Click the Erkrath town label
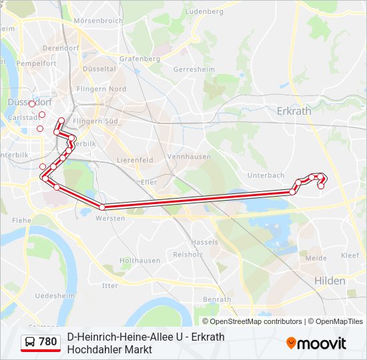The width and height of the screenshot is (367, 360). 294,111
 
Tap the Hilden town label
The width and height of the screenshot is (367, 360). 330,281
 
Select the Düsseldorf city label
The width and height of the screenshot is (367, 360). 29,102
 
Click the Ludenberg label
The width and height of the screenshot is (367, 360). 205,11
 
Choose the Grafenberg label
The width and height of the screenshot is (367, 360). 139,59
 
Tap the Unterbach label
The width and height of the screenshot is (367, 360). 266,175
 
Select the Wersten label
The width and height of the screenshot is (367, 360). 110,218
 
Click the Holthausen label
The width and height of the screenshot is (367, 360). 139,261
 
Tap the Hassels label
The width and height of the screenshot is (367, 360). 204,242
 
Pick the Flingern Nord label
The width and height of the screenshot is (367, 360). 101,89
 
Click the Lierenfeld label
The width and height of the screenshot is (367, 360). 135,160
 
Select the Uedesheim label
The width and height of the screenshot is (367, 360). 55,295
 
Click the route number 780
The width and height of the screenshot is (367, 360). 48,342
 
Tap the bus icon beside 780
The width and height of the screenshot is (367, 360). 31,342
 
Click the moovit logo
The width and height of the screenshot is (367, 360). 316,343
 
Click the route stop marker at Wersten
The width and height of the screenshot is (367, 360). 102,207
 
